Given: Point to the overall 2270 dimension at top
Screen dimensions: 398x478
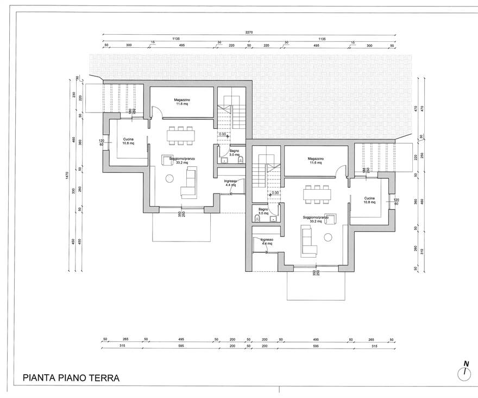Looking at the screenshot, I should (x=249, y=34).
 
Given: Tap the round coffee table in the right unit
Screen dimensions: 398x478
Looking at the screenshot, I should (x=328, y=237).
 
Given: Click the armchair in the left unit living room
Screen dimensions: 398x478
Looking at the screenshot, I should (x=167, y=160).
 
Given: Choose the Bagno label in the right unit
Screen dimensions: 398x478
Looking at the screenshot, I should (x=263, y=210).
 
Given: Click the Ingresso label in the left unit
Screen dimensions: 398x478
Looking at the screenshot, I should (x=231, y=183).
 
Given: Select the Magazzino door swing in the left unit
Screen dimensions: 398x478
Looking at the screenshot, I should (x=155, y=111).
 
